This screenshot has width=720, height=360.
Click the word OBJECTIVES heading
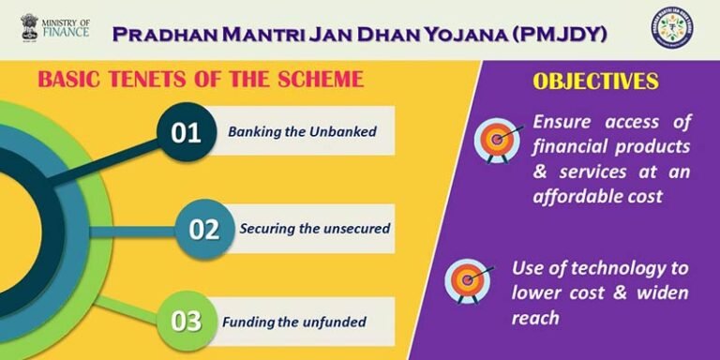click(595, 82)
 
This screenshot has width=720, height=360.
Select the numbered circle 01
click(186, 133)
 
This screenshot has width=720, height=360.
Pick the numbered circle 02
click(203, 228)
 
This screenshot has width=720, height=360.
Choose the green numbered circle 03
click(186, 322)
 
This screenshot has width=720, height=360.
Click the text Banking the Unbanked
click(302, 132)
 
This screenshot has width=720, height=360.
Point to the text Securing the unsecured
click(314, 228)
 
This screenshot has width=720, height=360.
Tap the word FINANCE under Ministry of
click(68, 33)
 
